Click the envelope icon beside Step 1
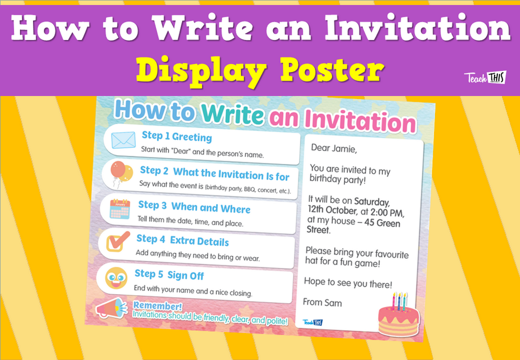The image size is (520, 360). point(123,140)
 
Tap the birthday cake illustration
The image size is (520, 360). point(394,316)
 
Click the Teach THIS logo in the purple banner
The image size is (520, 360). point(485,77)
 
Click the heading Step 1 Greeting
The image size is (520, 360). point(177,136)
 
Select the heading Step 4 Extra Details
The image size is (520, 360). point(183,240)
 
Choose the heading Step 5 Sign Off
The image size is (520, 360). point(169,275)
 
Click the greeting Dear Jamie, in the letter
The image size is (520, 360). point(334,148)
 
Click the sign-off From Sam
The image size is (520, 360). point(322,302)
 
